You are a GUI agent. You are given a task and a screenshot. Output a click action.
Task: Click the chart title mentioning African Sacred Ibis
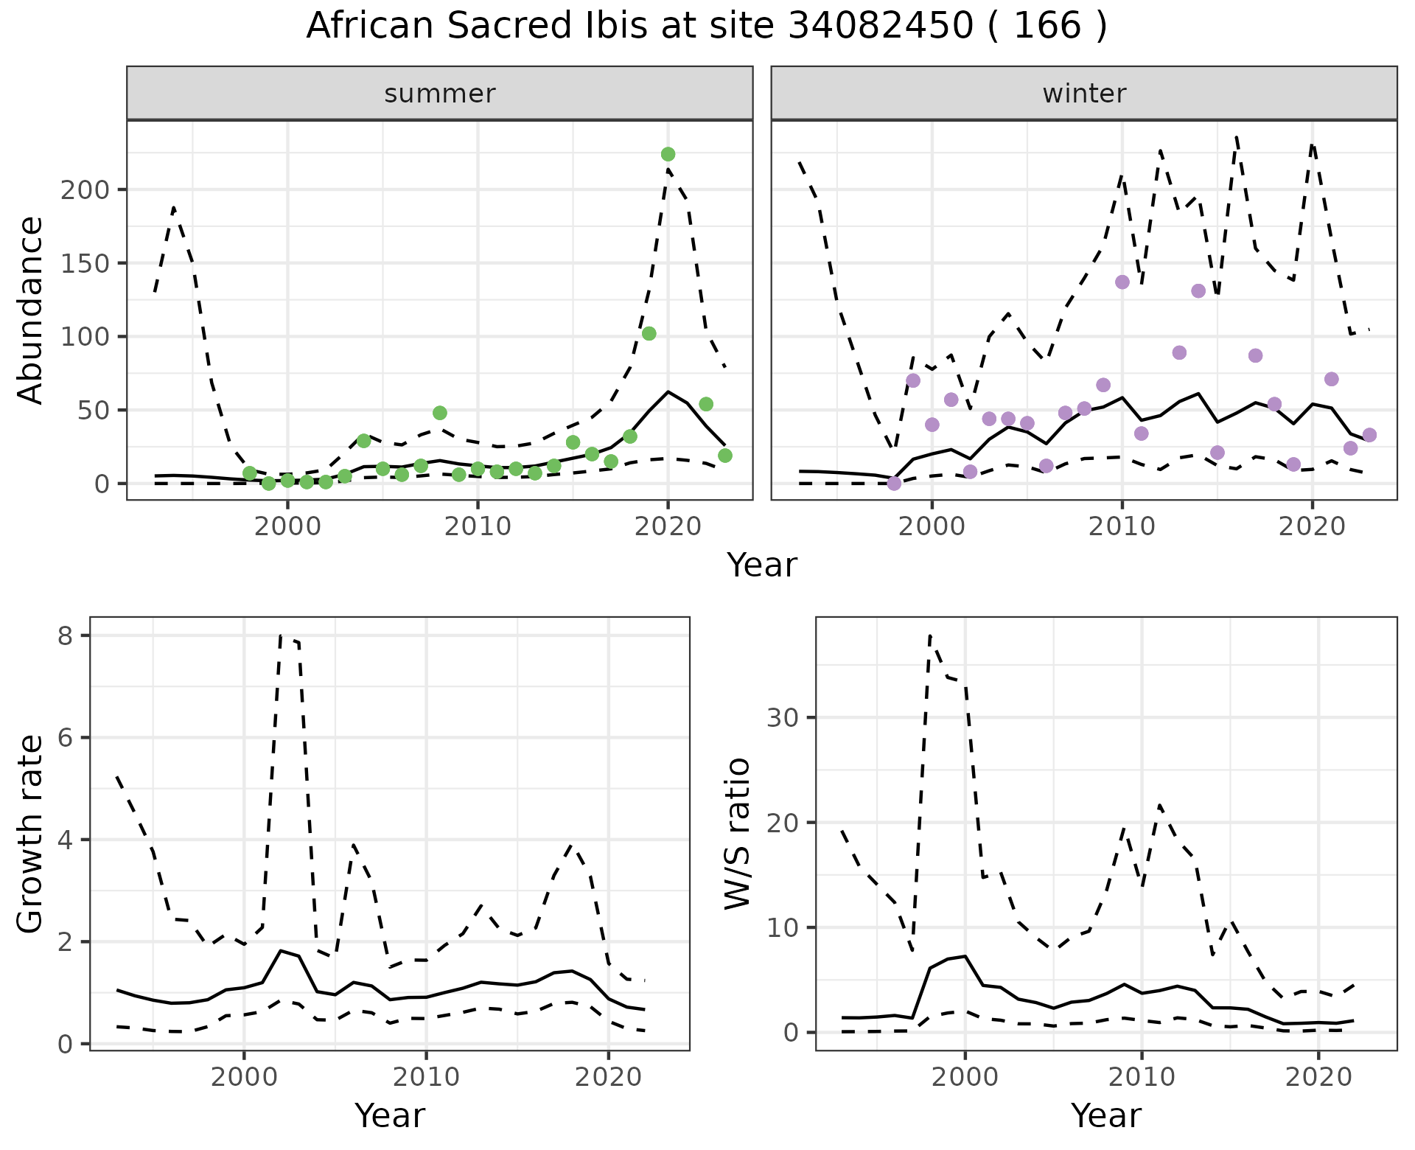coord(706,27)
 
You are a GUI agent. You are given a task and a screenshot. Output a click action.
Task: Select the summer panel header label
coord(440,94)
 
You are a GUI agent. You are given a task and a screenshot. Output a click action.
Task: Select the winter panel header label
coord(1084,94)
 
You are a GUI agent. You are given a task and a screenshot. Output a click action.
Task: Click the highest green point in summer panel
coord(668,154)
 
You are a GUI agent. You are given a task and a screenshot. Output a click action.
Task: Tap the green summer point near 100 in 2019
coord(649,333)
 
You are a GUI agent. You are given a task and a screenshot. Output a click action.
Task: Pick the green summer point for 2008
coord(440,413)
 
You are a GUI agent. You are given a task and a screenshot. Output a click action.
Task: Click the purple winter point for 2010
coord(1122,282)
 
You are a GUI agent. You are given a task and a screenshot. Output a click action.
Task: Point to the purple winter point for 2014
coord(1198,291)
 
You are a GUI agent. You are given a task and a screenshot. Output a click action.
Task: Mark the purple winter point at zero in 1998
coord(894,484)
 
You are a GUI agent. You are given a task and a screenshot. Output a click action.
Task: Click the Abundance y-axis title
coord(30,310)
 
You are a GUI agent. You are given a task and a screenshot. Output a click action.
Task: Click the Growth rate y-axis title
coord(30,835)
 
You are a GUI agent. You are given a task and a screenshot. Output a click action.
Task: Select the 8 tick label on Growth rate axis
coord(66,636)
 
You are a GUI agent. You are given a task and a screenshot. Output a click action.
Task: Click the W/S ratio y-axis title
coord(737,834)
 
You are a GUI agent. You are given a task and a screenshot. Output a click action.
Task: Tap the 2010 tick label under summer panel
coord(478,527)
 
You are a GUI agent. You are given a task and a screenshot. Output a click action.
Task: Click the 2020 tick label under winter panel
coord(1312,527)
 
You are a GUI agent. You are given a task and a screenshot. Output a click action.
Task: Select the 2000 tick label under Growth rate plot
coord(244,1077)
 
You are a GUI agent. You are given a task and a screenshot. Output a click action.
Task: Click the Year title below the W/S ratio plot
coord(1106,1115)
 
